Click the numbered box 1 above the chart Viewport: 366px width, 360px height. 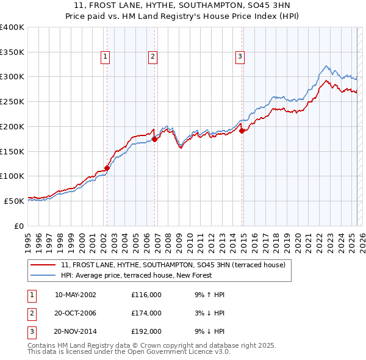(x=105, y=57)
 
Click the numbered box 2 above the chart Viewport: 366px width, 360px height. (x=152, y=57)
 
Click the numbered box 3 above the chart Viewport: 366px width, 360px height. (x=240, y=57)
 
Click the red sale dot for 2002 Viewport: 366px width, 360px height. (x=107, y=168)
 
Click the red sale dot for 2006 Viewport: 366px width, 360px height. (x=155, y=139)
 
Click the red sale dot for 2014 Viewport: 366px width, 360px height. (x=242, y=130)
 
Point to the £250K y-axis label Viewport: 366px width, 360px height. (x=12, y=101)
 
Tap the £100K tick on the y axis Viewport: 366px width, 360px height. (x=12, y=176)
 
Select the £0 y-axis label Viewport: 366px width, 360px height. (x=19, y=225)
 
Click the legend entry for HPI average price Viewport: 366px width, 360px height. (x=135, y=275)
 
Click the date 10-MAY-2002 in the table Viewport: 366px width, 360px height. (x=76, y=295)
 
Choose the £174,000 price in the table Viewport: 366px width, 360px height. (x=146, y=313)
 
